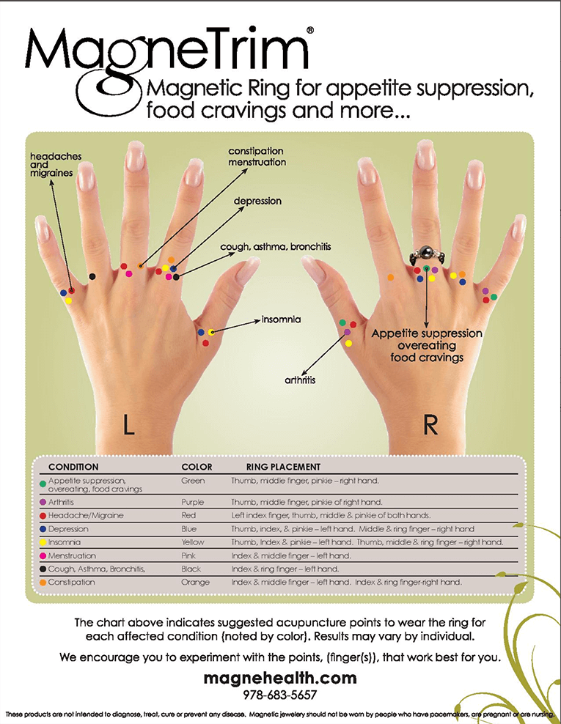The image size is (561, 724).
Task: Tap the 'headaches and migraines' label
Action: point(56,164)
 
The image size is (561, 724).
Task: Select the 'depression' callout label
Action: point(257,202)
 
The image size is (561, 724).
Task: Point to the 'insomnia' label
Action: point(281,319)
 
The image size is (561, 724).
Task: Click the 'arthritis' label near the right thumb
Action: point(300,380)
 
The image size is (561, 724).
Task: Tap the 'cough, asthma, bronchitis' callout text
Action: point(276,246)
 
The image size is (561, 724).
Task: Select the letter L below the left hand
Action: point(128,425)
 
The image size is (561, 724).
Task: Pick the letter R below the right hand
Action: point(430,425)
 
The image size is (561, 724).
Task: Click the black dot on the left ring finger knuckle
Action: point(92,276)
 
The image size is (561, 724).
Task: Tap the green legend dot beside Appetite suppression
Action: point(43,484)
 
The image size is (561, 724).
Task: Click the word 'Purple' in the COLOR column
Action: point(192,502)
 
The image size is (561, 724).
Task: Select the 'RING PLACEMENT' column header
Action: point(283,467)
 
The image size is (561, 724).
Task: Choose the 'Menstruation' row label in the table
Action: point(72,555)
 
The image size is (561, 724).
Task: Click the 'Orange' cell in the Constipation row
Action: point(195,583)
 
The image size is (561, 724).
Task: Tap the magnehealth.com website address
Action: point(280,678)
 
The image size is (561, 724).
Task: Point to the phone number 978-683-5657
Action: point(280,695)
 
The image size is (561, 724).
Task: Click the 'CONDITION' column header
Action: point(73,467)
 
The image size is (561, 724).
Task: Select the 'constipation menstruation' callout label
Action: point(257,157)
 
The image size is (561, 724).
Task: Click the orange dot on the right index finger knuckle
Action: point(390,278)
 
